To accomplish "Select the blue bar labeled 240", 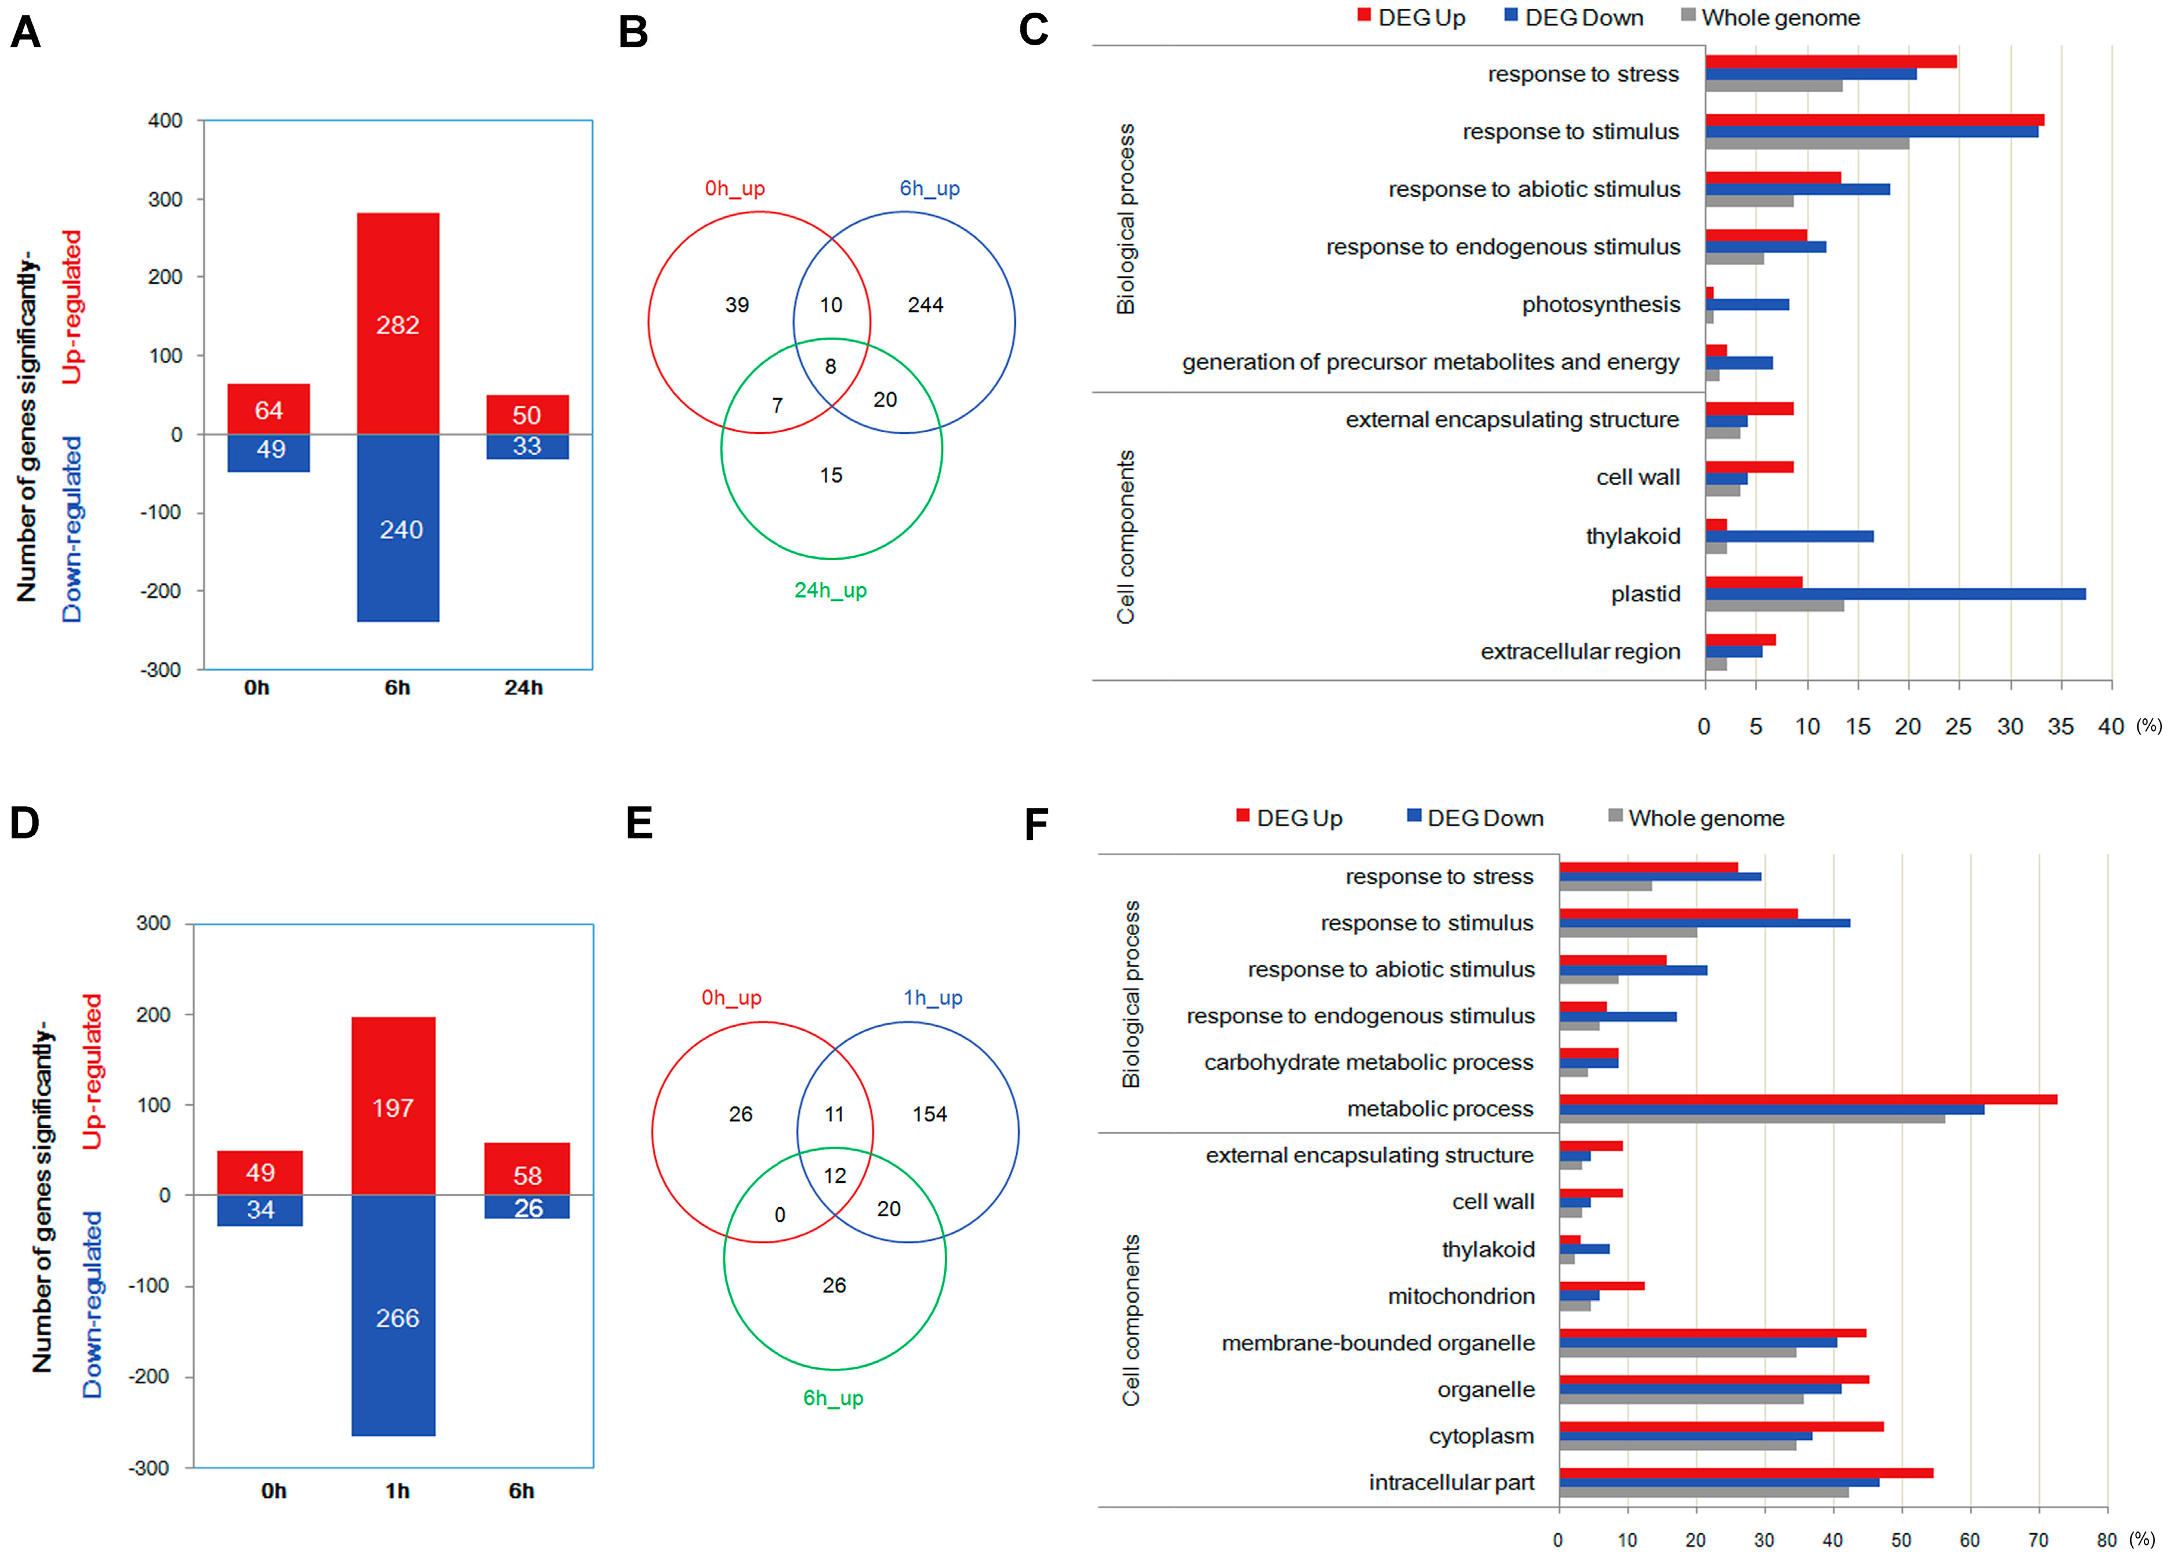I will click(x=397, y=528).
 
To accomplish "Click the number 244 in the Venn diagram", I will click(x=925, y=305).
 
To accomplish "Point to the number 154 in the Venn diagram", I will click(x=929, y=1114).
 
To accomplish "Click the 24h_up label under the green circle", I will click(x=831, y=591).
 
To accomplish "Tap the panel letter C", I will click(x=1033, y=31).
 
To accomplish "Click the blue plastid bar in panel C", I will click(x=1894, y=594).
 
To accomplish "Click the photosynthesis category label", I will click(x=1601, y=305).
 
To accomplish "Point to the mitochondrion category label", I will click(x=1461, y=1296).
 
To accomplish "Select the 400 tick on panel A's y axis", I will click(x=165, y=121).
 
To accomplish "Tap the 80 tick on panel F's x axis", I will click(x=2106, y=1540).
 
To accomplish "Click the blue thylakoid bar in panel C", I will click(x=1789, y=537).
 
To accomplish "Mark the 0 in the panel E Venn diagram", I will click(x=780, y=1214).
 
